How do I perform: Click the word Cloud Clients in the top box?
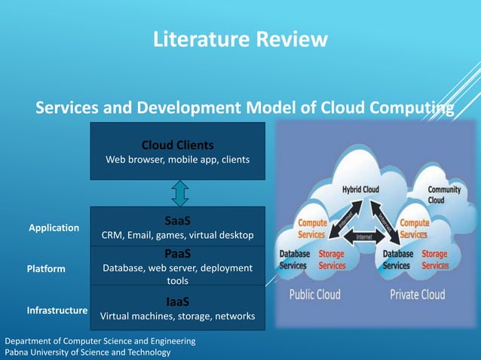click(177, 145)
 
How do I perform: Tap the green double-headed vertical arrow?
click(179, 193)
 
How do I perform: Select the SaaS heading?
click(177, 221)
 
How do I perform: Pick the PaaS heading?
click(177, 254)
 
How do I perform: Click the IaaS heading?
click(177, 301)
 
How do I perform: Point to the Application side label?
click(54, 227)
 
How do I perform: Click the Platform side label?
click(46, 269)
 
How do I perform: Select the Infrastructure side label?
click(57, 310)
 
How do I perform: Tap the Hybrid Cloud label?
click(361, 190)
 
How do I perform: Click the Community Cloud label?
click(444, 195)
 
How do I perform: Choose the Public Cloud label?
click(314, 294)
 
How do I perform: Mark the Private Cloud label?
click(417, 294)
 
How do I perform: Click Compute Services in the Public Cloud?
click(312, 229)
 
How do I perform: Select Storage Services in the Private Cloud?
click(435, 260)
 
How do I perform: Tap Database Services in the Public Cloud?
click(294, 260)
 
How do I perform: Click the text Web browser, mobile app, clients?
click(177, 160)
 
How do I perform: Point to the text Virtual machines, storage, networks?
click(177, 316)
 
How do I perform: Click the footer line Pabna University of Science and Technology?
click(87, 352)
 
